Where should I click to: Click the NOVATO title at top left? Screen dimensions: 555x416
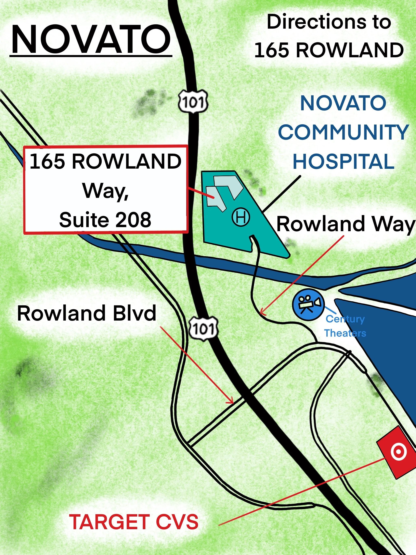pos(91,39)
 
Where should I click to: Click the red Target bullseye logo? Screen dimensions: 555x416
pos(398,452)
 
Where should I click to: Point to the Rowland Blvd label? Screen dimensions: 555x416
pos(87,313)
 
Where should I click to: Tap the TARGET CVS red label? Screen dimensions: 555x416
pos(133,522)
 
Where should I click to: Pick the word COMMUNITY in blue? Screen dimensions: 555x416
pos(343,132)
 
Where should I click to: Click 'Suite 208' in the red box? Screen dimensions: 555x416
pos(105,220)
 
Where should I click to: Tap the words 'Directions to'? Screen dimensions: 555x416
pos(329,22)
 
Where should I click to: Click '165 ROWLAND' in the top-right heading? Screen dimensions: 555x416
pos(329,50)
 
